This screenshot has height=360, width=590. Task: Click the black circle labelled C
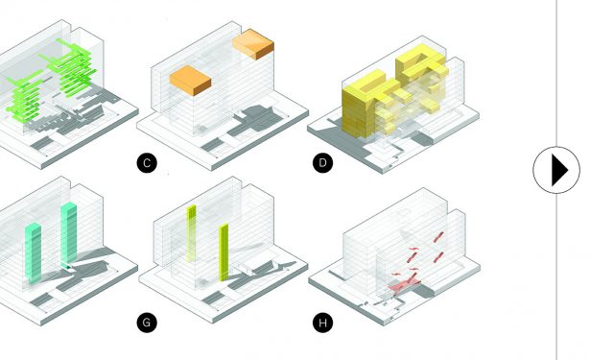[x=147, y=163]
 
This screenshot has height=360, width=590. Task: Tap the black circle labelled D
[x=323, y=163]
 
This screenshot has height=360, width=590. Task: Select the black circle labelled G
[x=147, y=323]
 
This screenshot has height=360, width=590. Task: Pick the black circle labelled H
[x=323, y=323]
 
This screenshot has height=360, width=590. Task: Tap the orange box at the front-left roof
[x=190, y=81]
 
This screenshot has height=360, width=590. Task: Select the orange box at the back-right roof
[x=253, y=44]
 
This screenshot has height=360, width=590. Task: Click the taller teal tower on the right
[x=69, y=233]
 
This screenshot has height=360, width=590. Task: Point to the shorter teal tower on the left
[x=34, y=252]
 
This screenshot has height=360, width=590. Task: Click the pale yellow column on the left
[x=192, y=233]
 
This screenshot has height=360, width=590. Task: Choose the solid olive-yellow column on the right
[x=224, y=252]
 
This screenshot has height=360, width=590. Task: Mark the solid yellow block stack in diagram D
[x=358, y=109]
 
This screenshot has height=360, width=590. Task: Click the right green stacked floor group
[x=72, y=67]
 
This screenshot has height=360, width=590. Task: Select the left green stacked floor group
[x=24, y=97]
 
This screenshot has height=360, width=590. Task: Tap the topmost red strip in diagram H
[x=438, y=237]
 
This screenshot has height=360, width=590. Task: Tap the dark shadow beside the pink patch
[x=424, y=290]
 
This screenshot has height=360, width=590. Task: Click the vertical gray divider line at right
[x=556, y=180]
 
